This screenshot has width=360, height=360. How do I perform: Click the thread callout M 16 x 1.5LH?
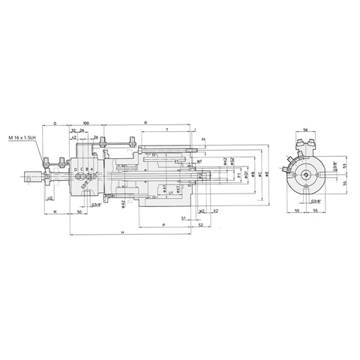point(23,139)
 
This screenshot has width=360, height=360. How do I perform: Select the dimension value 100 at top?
point(86,121)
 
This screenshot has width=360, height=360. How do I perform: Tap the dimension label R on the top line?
point(145,121)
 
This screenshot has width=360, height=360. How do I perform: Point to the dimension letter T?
point(166,130)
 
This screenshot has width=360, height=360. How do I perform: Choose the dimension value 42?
point(75,138)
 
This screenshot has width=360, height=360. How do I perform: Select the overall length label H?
point(121,233)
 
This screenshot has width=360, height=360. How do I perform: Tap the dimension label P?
point(163,223)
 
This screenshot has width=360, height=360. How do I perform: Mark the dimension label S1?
point(184,217)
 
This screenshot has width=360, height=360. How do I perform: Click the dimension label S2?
point(199,223)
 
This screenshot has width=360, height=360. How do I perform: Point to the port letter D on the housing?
point(76,170)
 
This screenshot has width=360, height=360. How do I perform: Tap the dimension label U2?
point(49,199)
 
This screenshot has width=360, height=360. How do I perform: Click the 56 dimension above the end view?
point(307,130)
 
